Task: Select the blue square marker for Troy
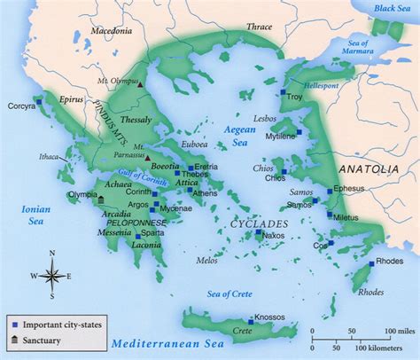coord(284,92)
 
